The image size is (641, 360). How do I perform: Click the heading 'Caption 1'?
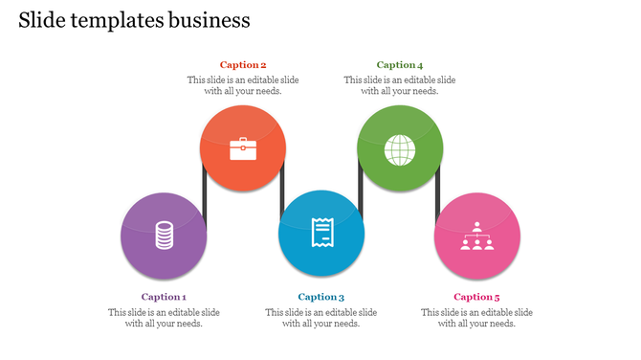164,297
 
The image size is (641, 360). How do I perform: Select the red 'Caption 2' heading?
243,65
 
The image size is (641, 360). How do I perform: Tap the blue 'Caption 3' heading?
320,297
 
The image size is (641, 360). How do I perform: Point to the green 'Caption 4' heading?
400,65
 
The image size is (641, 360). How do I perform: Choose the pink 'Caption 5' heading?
476,297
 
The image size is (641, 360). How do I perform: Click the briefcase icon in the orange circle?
243,148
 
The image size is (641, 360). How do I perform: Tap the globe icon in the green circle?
400,148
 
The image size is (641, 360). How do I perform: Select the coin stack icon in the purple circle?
165,235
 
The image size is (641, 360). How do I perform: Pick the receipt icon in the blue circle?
321,233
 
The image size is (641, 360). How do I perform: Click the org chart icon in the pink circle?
477,236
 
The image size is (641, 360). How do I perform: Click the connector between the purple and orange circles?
204,196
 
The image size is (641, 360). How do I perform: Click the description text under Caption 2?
243,85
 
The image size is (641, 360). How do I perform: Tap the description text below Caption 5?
476,318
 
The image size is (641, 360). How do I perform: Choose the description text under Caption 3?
320,318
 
